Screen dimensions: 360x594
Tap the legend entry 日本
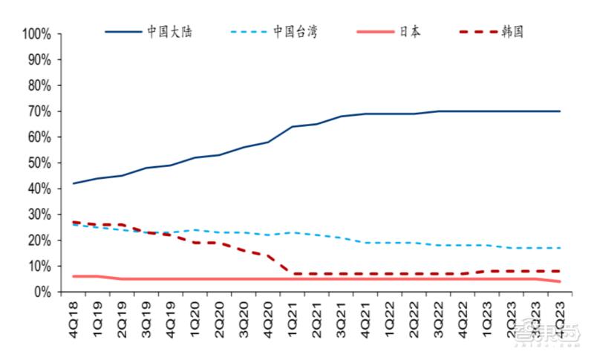(408, 33)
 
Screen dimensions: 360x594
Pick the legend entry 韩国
(513, 33)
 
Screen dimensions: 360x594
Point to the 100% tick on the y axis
(36, 34)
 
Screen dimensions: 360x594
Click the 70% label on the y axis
(39, 111)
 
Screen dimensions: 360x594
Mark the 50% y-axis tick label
(39, 163)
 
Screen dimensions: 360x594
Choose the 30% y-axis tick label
(39, 215)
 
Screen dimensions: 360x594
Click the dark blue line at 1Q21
(293, 126)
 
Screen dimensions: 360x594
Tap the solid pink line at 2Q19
(122, 279)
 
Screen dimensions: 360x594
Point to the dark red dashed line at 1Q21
(293, 274)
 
